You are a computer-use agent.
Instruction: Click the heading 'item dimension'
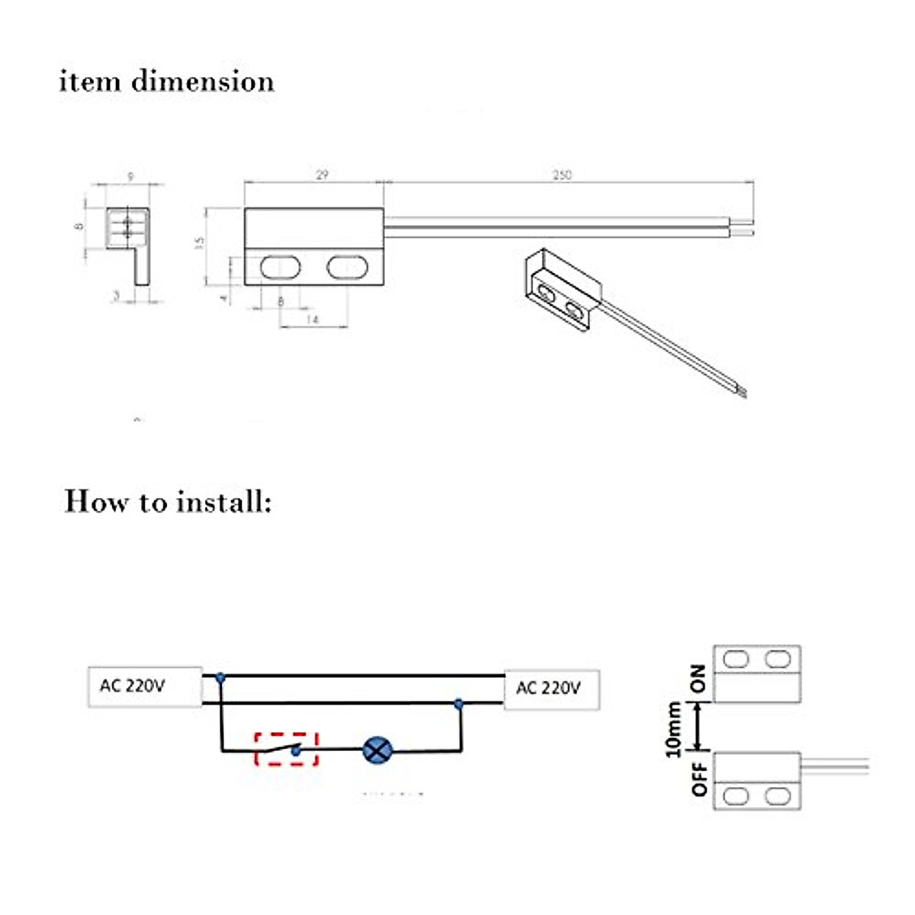166,81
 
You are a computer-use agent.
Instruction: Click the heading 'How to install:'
168,502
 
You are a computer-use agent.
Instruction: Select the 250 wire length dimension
562,175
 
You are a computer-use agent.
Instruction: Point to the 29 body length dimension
322,175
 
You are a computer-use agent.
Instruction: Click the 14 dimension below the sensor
312,320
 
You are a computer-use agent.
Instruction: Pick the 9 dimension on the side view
130,177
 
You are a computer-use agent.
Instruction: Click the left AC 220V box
144,687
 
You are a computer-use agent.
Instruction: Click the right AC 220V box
551,689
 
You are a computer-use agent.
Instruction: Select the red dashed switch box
286,748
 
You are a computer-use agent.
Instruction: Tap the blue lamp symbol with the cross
376,750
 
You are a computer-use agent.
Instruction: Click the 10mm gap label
673,730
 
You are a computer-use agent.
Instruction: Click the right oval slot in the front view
348,267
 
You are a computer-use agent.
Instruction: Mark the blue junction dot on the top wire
220,676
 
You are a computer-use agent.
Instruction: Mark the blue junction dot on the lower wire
459,704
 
